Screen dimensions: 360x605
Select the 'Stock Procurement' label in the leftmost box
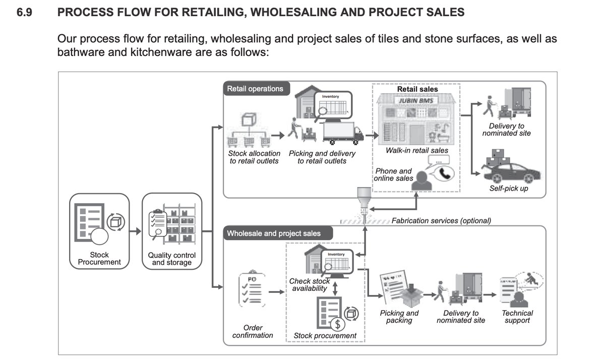pos(99,258)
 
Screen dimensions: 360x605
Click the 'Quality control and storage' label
pos(171,259)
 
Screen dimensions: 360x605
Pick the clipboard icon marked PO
pos(251,290)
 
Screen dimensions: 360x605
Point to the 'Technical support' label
pos(517,317)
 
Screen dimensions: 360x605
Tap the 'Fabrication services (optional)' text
pos(441,220)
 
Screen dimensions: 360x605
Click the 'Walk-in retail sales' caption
pos(416,150)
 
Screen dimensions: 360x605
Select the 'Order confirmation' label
pos(253,331)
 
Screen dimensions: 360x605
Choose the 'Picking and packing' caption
pos(399,317)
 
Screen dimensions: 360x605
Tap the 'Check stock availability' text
pos(310,284)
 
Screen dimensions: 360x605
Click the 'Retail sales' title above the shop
pos(417,89)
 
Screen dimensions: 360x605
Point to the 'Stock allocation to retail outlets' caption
pos(254,157)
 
